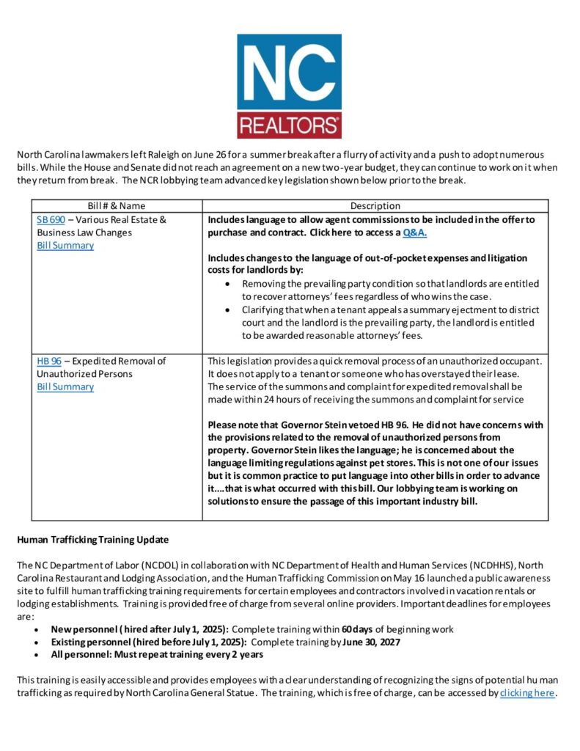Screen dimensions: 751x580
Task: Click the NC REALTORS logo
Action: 289,86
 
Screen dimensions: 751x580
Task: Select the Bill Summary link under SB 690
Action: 65,246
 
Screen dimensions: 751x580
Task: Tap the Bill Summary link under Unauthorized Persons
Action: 65,387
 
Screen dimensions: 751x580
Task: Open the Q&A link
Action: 415,232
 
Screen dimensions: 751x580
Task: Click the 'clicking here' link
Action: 527,693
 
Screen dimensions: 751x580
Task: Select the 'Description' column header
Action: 375,206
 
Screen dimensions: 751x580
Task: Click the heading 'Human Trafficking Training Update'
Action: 92,540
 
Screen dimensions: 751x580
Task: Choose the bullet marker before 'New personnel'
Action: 37,629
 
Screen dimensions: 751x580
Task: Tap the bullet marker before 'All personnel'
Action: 37,655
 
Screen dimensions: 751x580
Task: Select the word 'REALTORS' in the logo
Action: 289,123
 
